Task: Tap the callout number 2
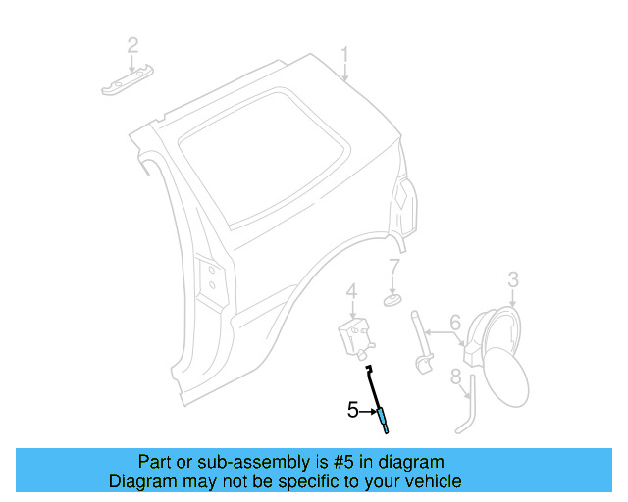click(132, 44)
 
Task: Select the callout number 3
click(513, 281)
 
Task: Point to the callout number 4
click(350, 291)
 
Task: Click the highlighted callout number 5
click(353, 410)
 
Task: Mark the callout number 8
click(455, 376)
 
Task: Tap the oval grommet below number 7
click(392, 298)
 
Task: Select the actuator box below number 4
click(354, 334)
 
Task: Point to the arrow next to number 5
click(367, 411)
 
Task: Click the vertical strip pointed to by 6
click(421, 338)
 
